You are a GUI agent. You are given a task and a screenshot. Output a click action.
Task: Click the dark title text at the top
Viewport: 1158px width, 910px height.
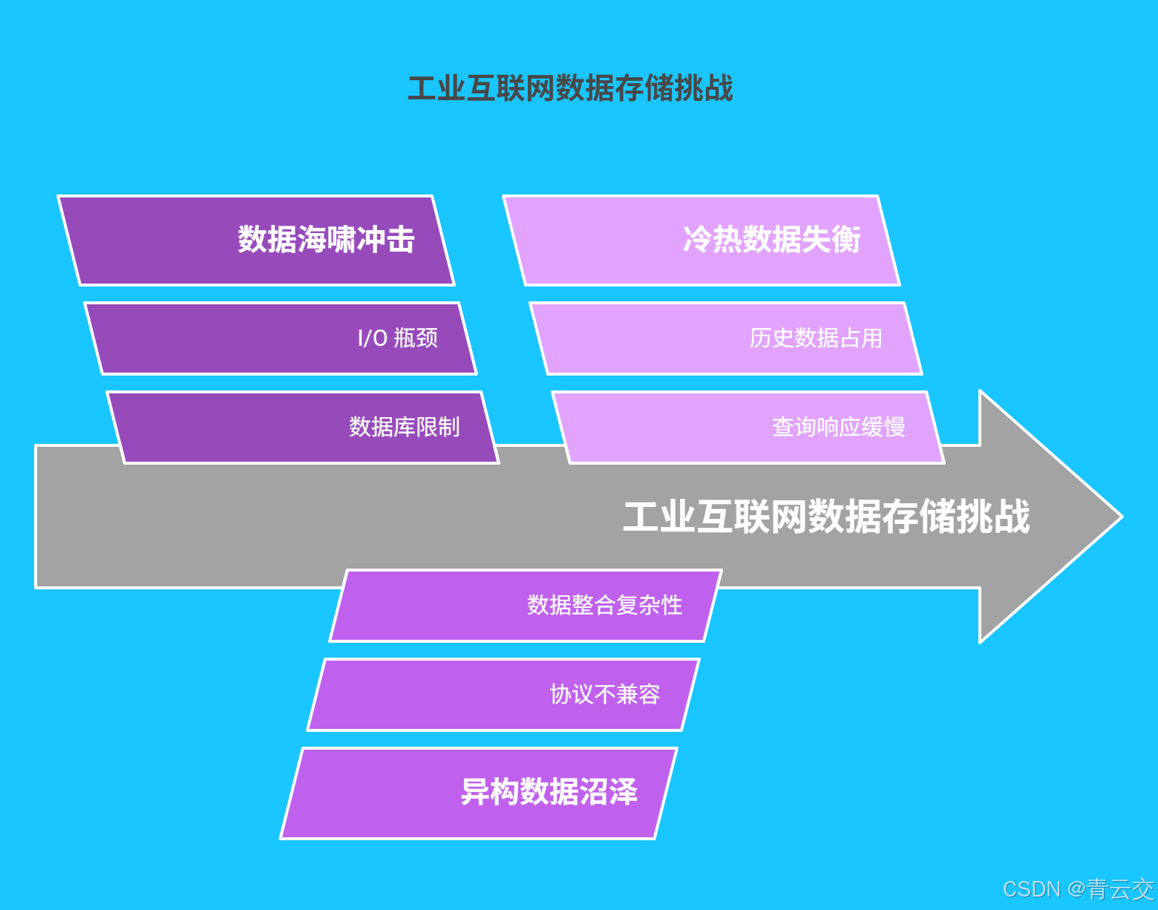(x=570, y=88)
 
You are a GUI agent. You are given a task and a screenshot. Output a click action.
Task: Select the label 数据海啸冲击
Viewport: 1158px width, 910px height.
(x=326, y=240)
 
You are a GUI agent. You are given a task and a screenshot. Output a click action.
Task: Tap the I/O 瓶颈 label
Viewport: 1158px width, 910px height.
(x=398, y=338)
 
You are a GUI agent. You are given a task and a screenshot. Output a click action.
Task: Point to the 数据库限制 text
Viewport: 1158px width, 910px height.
(x=405, y=427)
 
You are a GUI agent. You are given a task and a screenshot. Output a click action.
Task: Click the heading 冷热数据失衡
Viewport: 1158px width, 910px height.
(x=771, y=240)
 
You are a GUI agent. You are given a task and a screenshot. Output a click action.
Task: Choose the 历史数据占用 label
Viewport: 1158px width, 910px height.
(x=816, y=338)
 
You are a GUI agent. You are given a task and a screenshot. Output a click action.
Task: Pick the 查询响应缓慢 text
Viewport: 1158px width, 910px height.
(x=838, y=427)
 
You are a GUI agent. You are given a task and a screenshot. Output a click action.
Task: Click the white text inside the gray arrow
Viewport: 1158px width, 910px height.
(x=826, y=516)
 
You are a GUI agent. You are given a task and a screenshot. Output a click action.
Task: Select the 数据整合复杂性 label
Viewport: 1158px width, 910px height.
(x=604, y=605)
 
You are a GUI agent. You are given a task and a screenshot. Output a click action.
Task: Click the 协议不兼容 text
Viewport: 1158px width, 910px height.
(x=604, y=694)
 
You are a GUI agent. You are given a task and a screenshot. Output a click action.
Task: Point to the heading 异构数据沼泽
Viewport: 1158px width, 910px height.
(x=549, y=792)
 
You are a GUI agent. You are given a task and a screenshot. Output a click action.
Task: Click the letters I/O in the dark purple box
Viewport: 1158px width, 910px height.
(x=373, y=338)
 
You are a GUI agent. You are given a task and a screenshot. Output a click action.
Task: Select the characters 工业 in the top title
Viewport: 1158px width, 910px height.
(x=436, y=88)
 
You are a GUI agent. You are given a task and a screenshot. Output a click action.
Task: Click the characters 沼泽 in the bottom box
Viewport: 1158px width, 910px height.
(x=608, y=792)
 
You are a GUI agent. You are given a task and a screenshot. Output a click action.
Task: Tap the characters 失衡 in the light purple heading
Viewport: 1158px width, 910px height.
(x=831, y=240)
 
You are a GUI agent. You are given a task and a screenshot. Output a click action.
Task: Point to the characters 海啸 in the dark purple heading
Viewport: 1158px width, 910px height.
(x=326, y=240)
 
